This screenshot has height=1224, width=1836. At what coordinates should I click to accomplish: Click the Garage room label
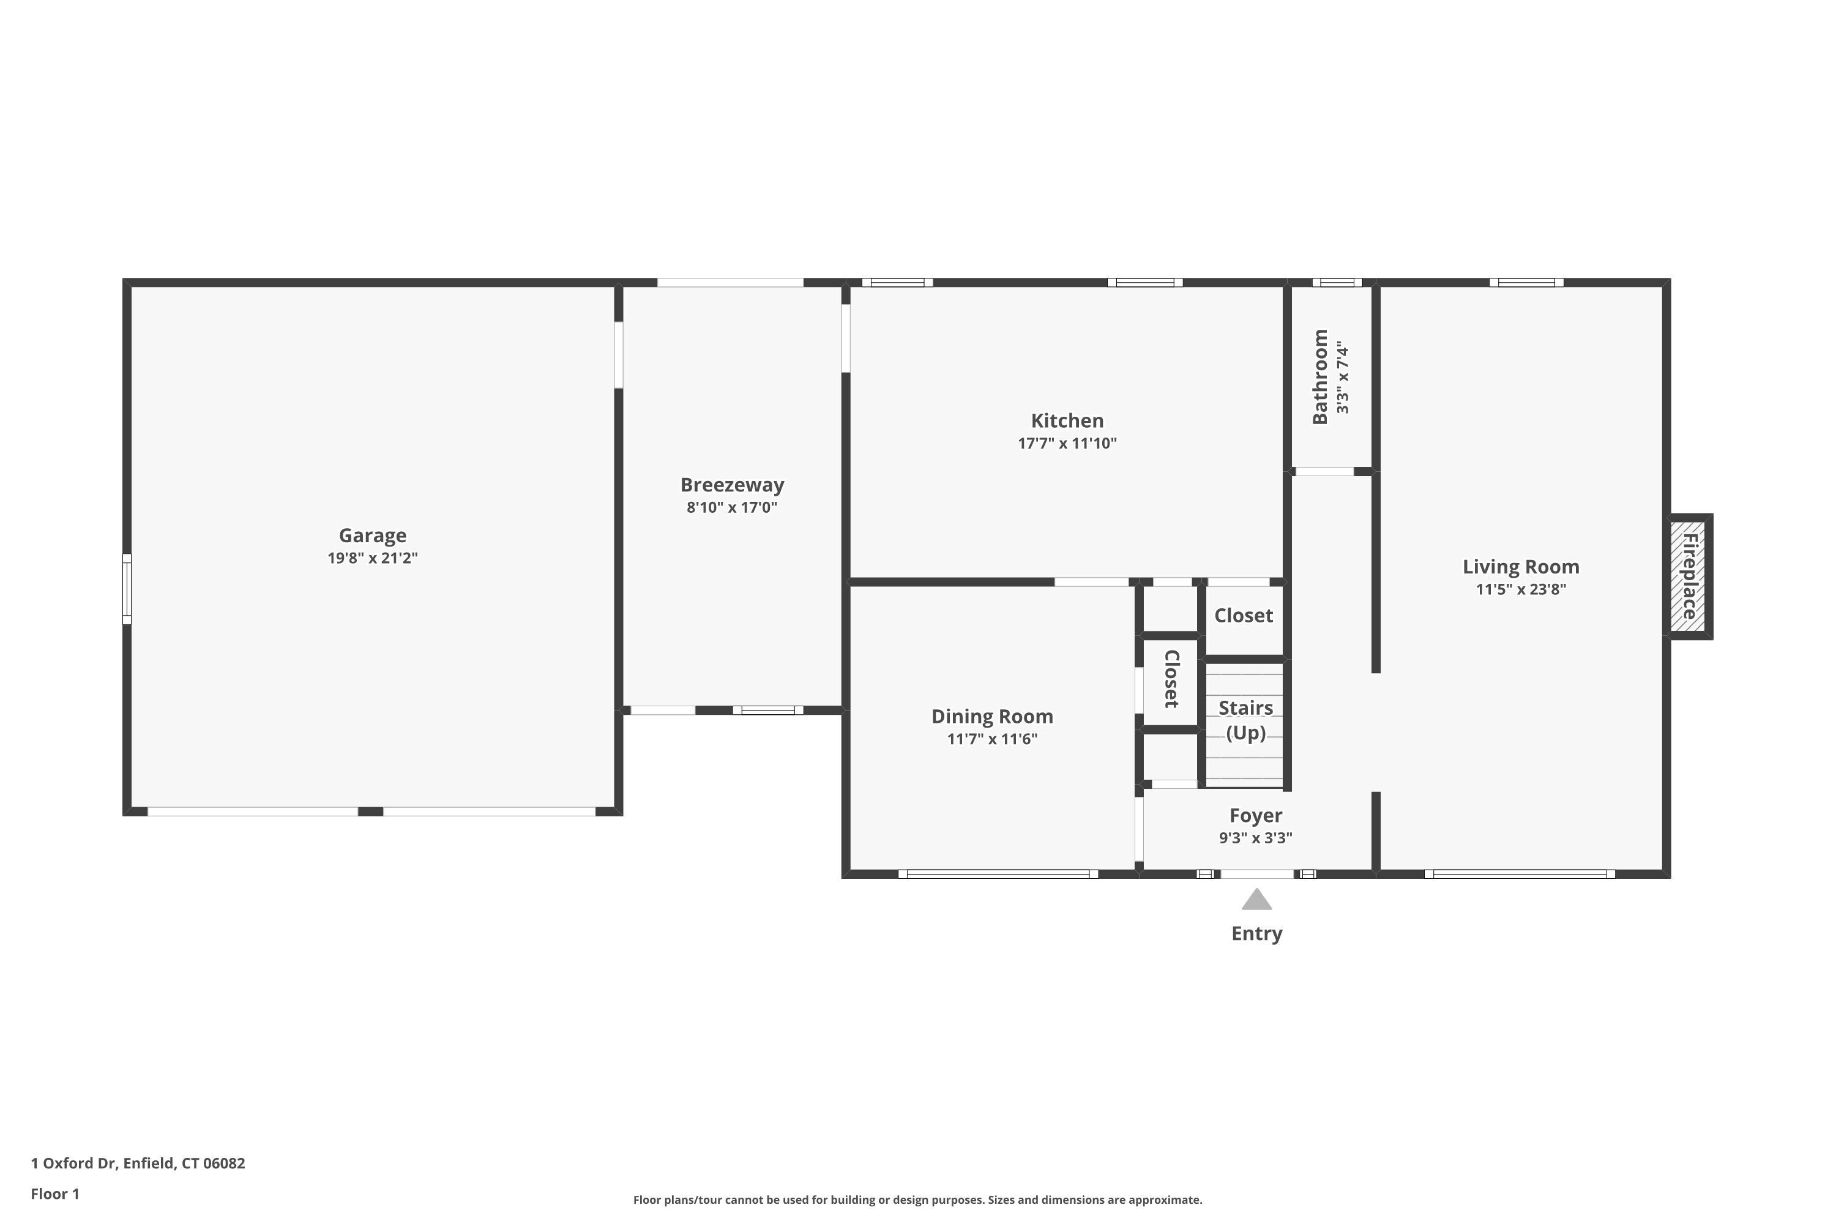pyautogui.click(x=372, y=535)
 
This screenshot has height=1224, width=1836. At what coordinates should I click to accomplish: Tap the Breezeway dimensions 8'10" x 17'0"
pyautogui.click(x=731, y=507)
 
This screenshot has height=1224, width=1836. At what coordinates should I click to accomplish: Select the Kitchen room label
pyautogui.click(x=1067, y=421)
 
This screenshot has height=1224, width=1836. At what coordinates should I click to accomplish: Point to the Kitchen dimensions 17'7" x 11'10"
pyautogui.click(x=1067, y=443)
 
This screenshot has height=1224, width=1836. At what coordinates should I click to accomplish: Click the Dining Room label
pyautogui.click(x=992, y=717)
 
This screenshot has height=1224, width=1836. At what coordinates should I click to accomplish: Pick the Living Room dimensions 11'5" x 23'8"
pyautogui.click(x=1521, y=589)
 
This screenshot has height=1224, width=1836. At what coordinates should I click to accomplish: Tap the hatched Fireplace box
pyautogui.click(x=1689, y=577)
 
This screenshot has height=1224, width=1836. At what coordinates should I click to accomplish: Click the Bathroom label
pyautogui.click(x=1320, y=377)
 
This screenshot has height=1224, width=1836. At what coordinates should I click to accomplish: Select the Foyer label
pyautogui.click(x=1255, y=816)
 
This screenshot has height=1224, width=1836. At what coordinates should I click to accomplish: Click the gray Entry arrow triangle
pyautogui.click(x=1257, y=900)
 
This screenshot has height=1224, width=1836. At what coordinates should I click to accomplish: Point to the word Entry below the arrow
pyautogui.click(x=1257, y=934)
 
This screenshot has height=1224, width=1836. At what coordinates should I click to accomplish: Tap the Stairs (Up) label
pyautogui.click(x=1246, y=720)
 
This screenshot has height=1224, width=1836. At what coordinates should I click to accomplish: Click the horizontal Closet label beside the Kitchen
pyautogui.click(x=1244, y=616)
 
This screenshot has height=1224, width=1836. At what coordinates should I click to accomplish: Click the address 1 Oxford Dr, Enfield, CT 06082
pyautogui.click(x=138, y=1163)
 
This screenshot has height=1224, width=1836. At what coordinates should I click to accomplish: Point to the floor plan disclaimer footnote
pyautogui.click(x=917, y=1200)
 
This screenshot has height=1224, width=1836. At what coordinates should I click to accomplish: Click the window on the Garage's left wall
pyautogui.click(x=127, y=589)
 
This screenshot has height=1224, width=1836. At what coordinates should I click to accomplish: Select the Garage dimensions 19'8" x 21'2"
pyautogui.click(x=372, y=558)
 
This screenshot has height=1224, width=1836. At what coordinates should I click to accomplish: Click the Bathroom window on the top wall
pyautogui.click(x=1337, y=283)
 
